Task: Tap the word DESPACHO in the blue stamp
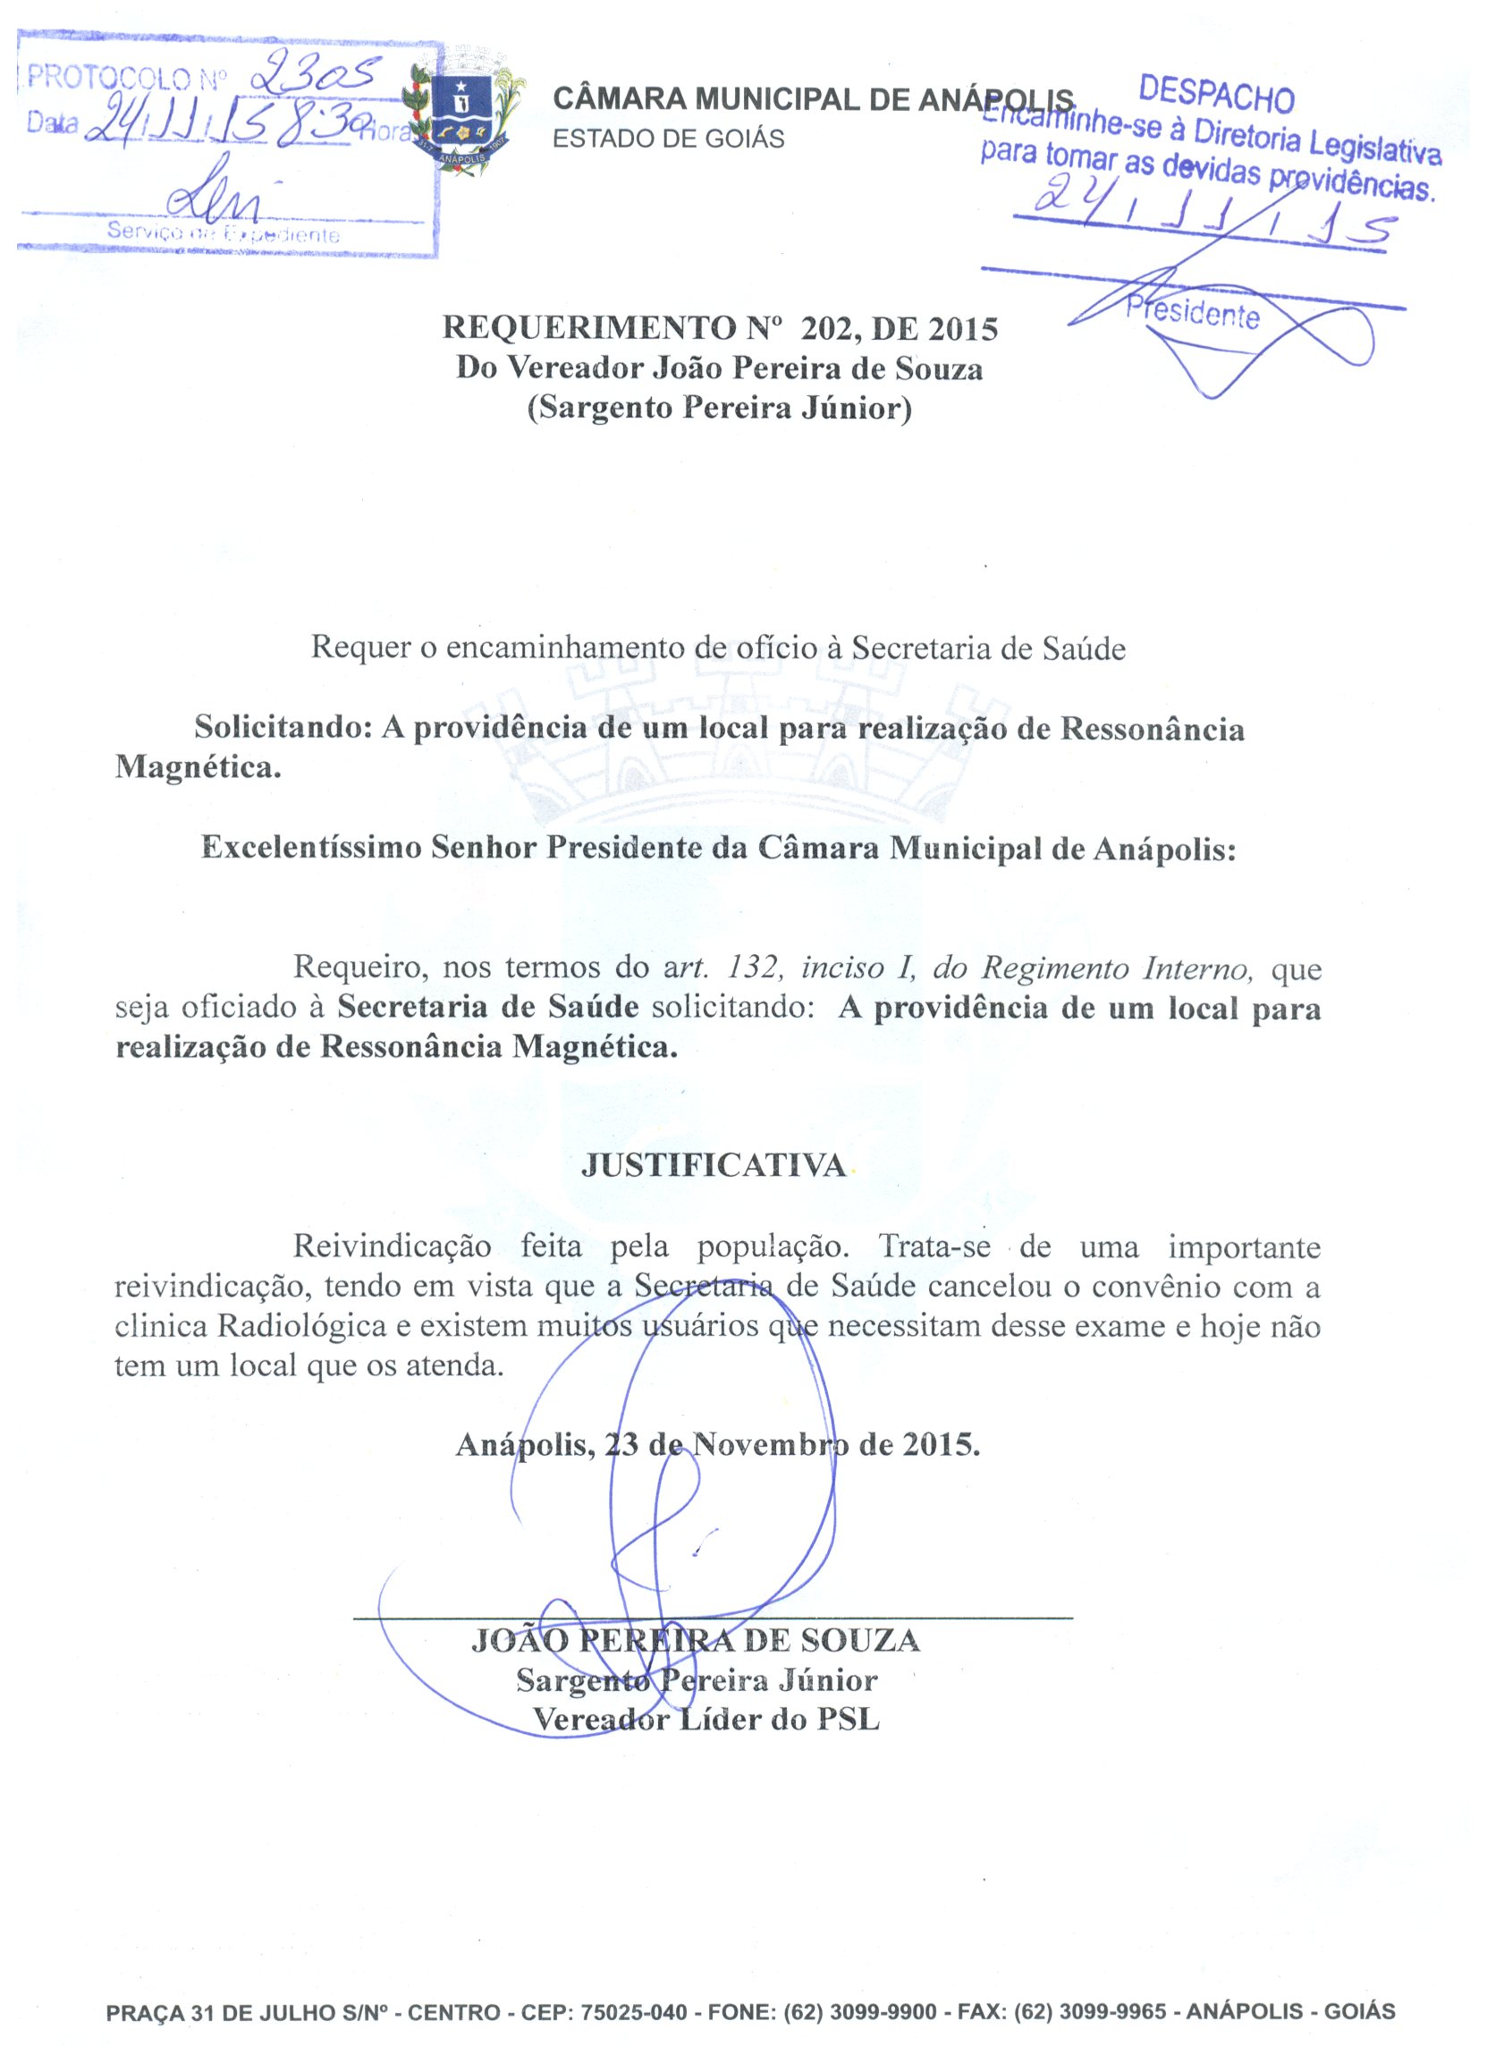click(1216, 94)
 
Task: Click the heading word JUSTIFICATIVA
click(713, 1166)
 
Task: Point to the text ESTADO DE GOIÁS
click(669, 139)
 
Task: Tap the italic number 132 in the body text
click(754, 968)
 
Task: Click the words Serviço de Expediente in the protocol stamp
click(223, 232)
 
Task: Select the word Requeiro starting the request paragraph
click(360, 968)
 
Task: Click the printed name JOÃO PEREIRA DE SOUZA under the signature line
click(696, 1640)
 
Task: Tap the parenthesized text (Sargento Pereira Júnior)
click(720, 408)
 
